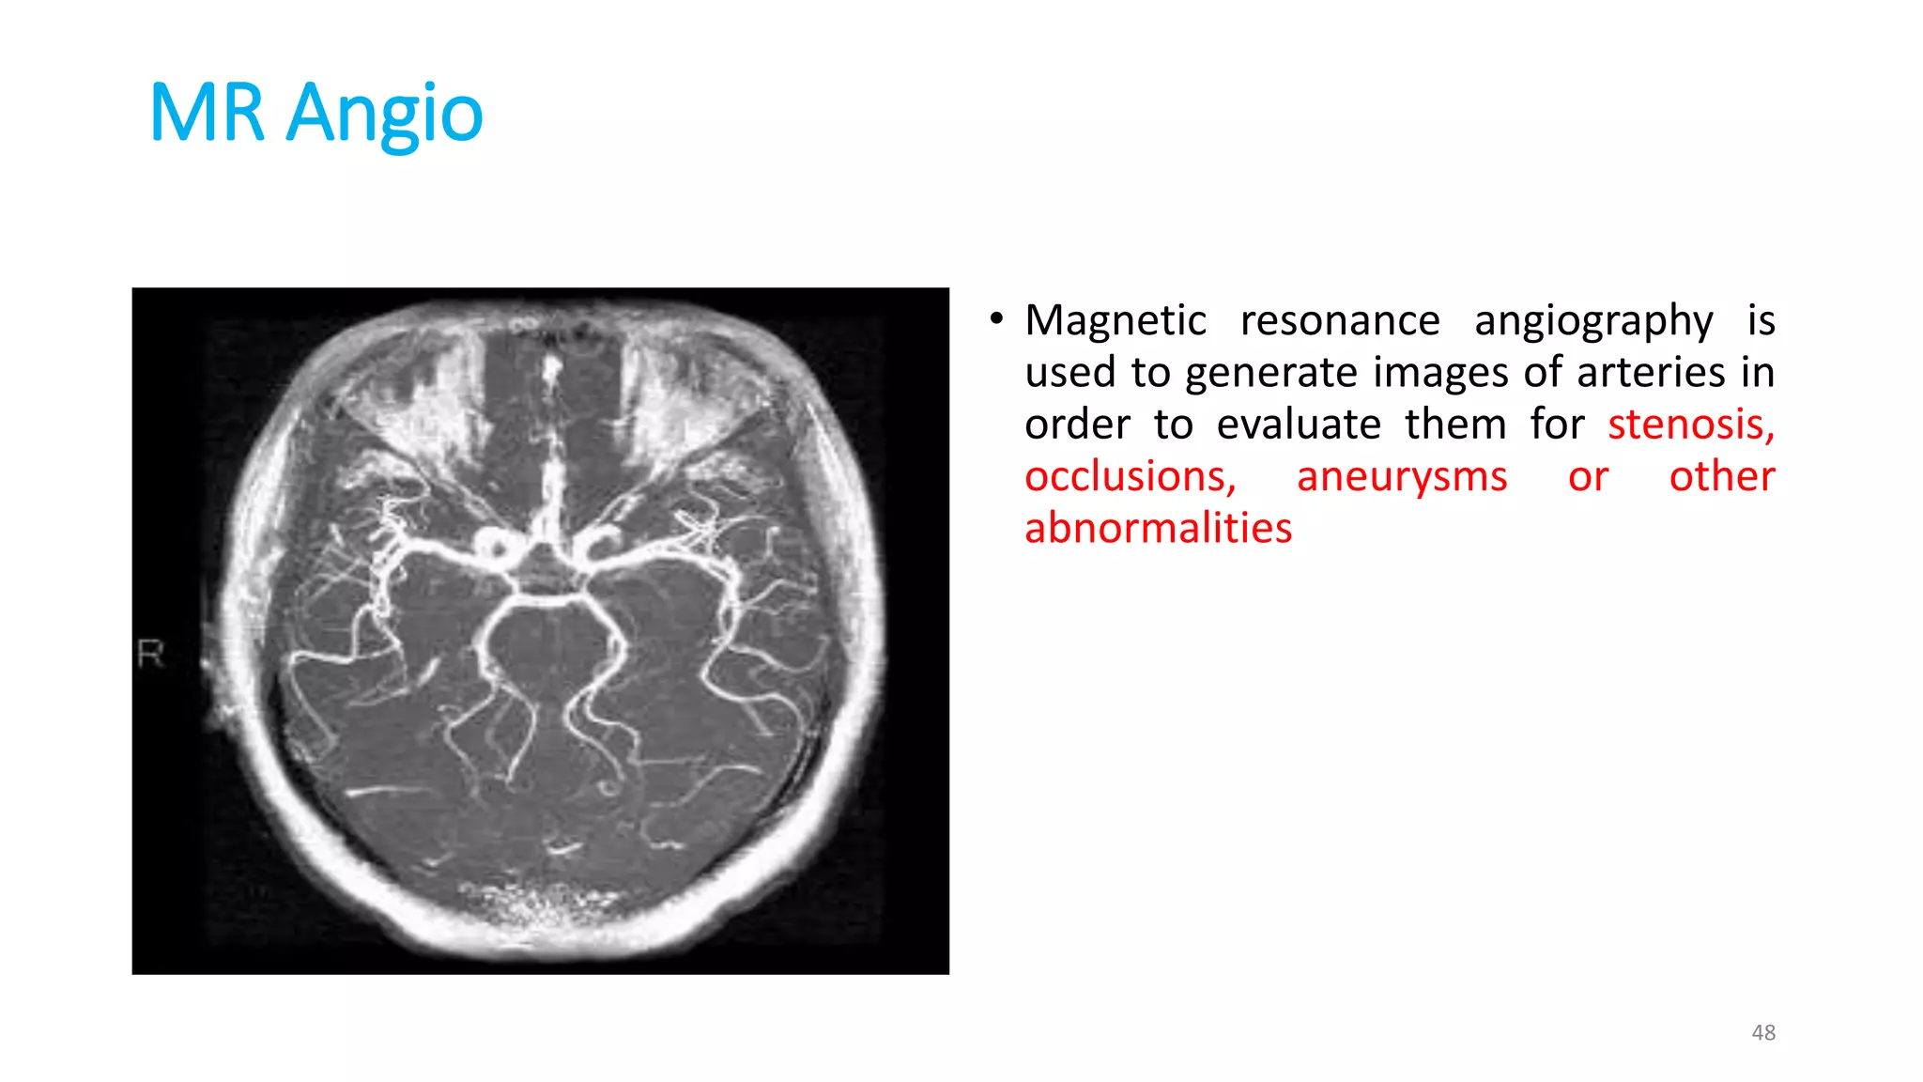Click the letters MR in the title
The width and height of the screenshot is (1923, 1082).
click(x=207, y=113)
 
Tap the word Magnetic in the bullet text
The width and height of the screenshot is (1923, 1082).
click(x=1115, y=321)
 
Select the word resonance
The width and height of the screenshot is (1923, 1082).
click(x=1340, y=321)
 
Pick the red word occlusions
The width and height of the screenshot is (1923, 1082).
click(x=1130, y=476)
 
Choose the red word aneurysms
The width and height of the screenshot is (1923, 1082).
click(x=1402, y=477)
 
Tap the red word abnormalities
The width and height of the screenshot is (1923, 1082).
click(x=1158, y=528)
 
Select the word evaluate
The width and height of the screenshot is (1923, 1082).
click(x=1299, y=425)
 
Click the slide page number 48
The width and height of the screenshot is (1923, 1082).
click(x=1763, y=1032)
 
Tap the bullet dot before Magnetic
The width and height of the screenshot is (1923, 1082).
click(x=996, y=319)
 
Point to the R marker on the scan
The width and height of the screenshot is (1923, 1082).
click(x=150, y=653)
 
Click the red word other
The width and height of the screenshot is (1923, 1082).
click(x=1721, y=476)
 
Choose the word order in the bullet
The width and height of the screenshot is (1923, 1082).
click(x=1077, y=425)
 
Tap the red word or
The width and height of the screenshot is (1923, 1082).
click(x=1588, y=477)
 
